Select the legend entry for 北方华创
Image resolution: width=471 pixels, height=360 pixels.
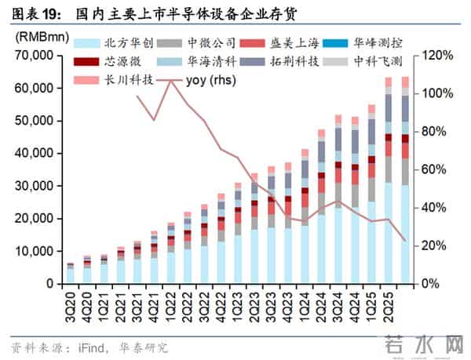(110, 44)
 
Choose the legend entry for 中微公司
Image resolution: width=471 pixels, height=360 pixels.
(195, 44)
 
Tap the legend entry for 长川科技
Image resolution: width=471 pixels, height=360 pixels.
(110, 78)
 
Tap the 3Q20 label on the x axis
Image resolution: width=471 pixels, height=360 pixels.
(70, 302)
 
